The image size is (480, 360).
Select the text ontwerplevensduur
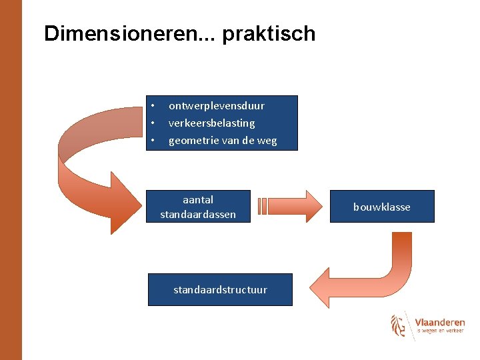tap(216, 106)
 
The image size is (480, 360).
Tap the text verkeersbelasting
tap(211, 123)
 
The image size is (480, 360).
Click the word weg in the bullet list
tap(267, 141)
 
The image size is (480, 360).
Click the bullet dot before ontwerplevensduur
tap(153, 106)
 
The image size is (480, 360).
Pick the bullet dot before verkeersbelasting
tap(153, 123)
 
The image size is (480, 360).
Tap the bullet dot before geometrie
tap(153, 141)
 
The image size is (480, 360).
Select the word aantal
tap(198, 199)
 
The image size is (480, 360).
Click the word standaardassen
tap(198, 214)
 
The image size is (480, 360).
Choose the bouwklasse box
tap(381, 207)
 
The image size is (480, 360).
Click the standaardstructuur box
tap(220, 290)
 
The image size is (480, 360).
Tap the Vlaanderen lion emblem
tap(398, 325)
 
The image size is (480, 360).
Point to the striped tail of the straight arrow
tap(262, 206)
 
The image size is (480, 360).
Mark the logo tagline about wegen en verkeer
tap(440, 331)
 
